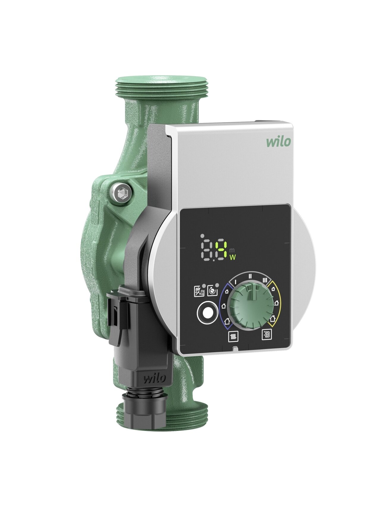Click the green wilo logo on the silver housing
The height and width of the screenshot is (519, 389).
coord(278,142)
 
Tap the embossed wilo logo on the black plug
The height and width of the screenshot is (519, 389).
coord(155,379)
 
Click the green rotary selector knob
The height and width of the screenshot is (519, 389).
coord(252,306)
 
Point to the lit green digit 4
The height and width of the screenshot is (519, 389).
coord(221,250)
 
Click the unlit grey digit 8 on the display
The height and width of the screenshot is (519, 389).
coord(207,250)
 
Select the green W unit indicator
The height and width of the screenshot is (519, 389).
coord(233,257)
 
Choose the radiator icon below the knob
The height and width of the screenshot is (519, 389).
coord(233,337)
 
